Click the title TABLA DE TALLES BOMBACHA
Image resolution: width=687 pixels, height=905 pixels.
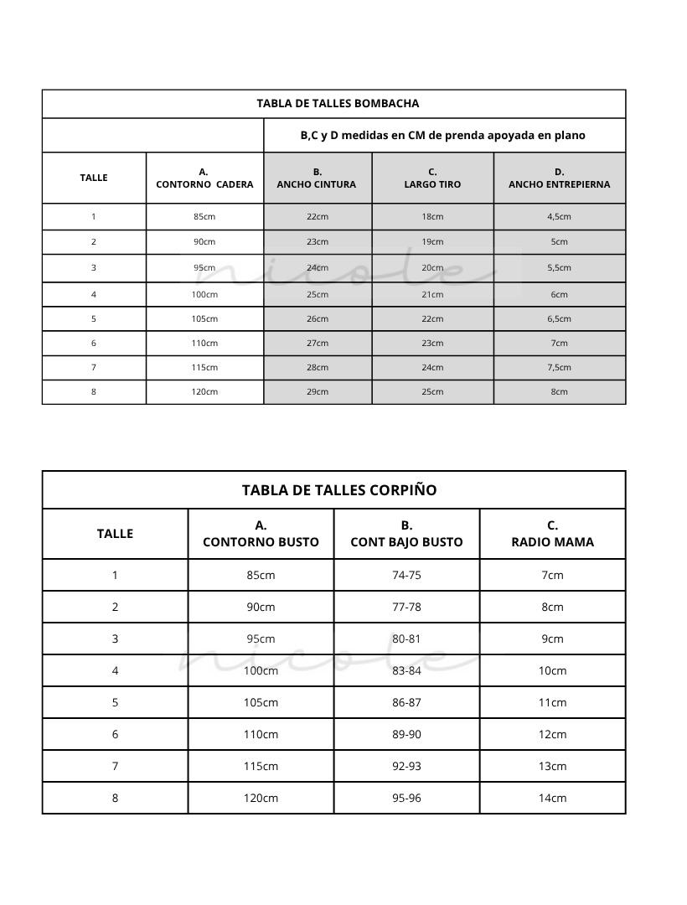coord(338,104)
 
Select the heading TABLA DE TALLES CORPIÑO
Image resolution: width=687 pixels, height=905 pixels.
coord(339,490)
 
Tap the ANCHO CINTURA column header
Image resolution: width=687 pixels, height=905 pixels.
coord(317,178)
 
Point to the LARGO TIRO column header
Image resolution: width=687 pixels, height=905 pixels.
coord(432,178)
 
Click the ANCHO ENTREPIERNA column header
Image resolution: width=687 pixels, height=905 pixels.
coord(559,178)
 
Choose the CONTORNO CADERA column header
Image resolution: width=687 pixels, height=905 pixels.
coord(204,178)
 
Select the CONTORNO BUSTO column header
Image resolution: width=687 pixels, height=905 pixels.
coord(261,534)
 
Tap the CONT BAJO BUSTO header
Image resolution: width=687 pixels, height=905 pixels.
coord(406,534)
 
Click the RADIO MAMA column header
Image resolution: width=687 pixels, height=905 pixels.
coord(552,534)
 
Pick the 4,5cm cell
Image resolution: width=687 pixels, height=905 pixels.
coord(559,216)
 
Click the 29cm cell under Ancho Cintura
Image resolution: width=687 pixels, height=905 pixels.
coord(318,391)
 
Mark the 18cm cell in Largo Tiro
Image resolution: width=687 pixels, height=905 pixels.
coord(432,216)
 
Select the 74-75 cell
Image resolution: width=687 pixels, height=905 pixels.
coord(406,575)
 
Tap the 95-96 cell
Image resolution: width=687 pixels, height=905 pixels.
coord(406,798)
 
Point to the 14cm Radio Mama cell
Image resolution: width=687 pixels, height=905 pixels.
coord(552,798)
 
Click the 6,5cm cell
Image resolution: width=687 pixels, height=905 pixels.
coord(559,318)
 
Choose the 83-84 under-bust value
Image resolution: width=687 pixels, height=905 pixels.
coord(406,670)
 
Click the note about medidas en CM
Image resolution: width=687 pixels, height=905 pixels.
coord(442,135)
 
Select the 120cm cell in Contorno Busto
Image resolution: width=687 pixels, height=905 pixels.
coord(261,798)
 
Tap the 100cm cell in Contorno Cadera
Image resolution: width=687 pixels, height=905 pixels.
coord(204,294)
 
